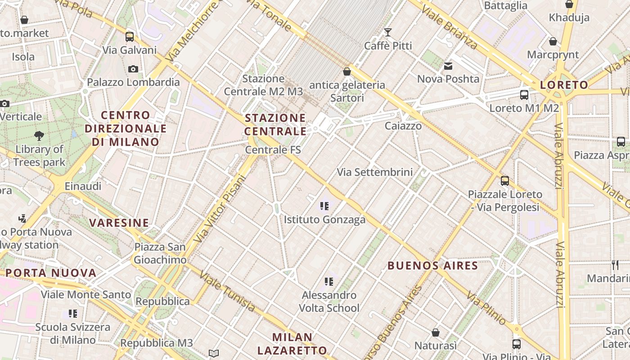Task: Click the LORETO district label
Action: click(564, 85)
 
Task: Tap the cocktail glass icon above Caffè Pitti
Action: click(387, 32)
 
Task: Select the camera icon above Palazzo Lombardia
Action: click(133, 69)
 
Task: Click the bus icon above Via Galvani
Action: click(130, 36)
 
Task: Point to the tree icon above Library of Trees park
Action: click(39, 135)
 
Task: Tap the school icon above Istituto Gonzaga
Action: click(324, 206)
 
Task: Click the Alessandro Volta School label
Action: click(329, 301)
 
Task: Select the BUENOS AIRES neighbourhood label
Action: click(432, 265)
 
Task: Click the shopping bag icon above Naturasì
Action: click(435, 333)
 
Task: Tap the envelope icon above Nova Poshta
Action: click(448, 66)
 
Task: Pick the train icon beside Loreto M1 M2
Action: click(524, 94)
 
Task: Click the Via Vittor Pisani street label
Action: click(220, 209)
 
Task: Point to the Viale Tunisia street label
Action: click(227, 292)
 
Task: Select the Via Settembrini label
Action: click(374, 172)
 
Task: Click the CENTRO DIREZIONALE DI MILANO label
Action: click(126, 129)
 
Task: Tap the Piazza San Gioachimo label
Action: click(160, 253)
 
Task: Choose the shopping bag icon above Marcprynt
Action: click(553, 41)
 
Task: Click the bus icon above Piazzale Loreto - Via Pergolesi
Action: click(505, 181)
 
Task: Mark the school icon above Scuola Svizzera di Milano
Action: click(72, 314)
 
